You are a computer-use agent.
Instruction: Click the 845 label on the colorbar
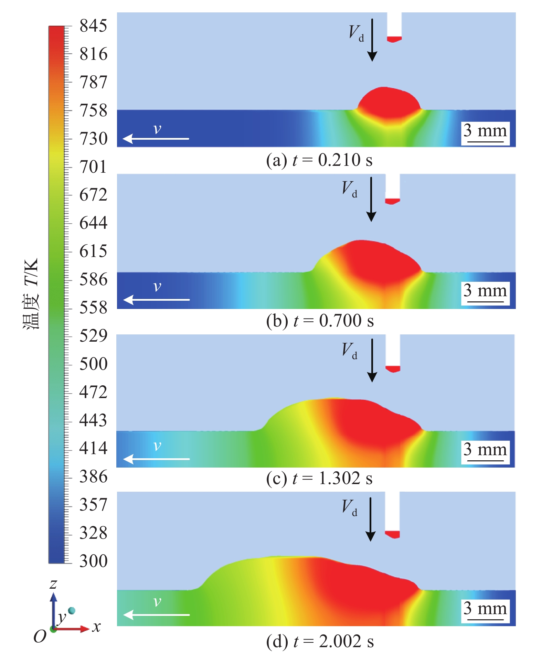click(x=93, y=26)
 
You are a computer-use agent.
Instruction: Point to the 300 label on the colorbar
click(x=93, y=561)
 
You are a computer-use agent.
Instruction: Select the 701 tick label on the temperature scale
click(x=93, y=167)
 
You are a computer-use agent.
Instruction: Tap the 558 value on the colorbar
click(x=93, y=307)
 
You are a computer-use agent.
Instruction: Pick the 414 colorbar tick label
click(x=93, y=448)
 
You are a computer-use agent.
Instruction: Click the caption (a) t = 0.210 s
click(x=319, y=160)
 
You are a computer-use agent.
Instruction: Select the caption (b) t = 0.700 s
click(x=320, y=321)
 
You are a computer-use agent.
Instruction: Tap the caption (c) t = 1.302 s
click(x=319, y=479)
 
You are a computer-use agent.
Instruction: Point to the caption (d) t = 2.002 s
click(x=320, y=641)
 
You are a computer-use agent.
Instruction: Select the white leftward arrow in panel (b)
click(x=157, y=300)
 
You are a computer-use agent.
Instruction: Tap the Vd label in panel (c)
click(x=350, y=351)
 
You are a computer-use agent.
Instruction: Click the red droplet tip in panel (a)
click(x=394, y=39)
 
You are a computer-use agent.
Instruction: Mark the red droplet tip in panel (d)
click(x=393, y=534)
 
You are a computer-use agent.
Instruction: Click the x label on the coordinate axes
click(x=97, y=627)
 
